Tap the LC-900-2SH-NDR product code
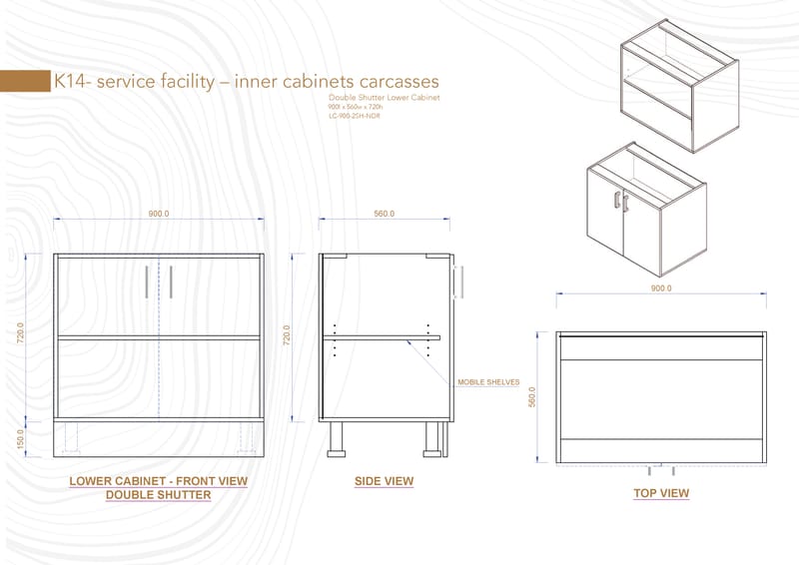click(x=354, y=116)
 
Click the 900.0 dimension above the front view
click(x=159, y=215)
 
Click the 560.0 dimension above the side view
click(x=385, y=215)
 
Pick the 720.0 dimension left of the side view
click(x=289, y=334)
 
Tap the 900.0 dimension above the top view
click(x=661, y=287)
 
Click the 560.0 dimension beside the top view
click(x=533, y=397)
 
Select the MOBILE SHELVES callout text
click(x=486, y=382)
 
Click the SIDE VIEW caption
click(x=384, y=481)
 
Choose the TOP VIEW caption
click(x=661, y=493)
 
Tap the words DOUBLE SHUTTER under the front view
click(x=158, y=495)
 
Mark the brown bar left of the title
click(x=25, y=82)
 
